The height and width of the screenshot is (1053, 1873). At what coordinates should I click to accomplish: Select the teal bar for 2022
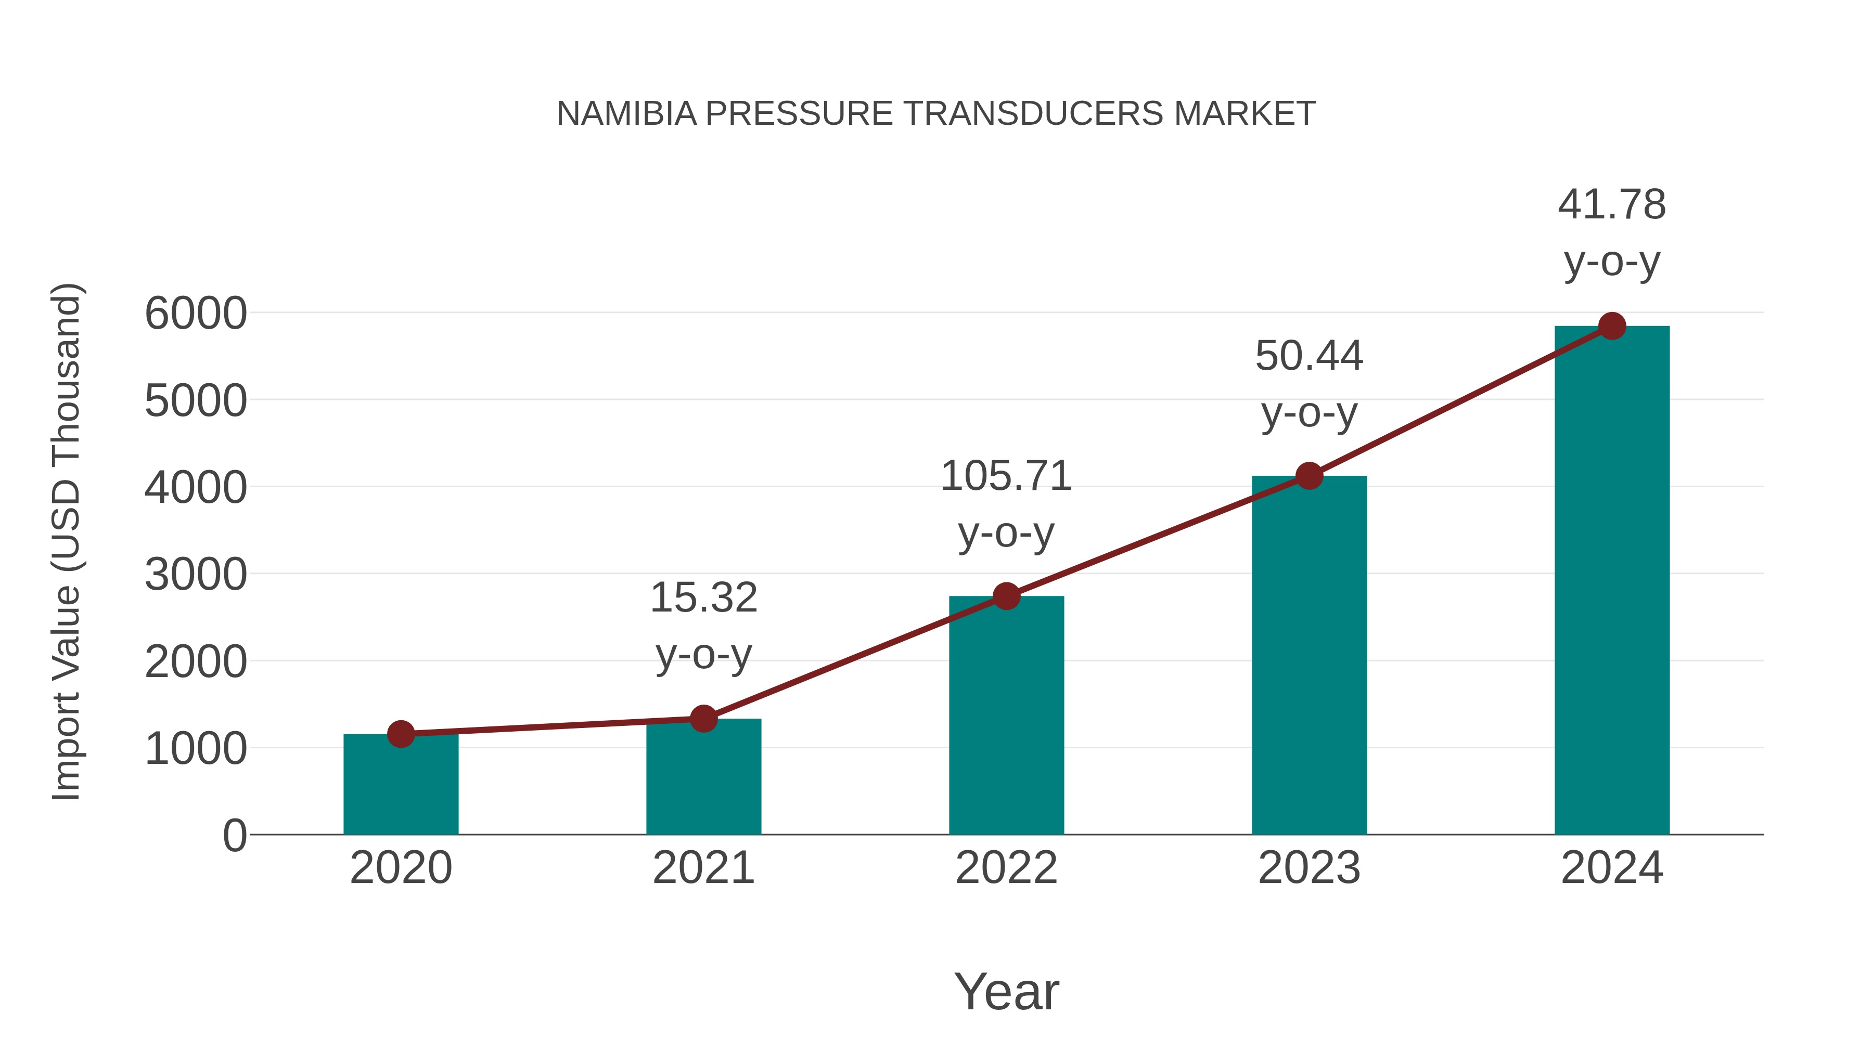pos(1006,720)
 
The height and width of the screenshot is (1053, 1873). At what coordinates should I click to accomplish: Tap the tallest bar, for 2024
pos(1612,581)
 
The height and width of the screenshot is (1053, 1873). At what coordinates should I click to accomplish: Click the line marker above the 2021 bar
pos(703,719)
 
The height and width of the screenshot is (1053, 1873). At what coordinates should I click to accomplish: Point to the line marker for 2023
pos(1309,476)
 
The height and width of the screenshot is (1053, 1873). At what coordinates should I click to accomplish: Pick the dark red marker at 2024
pos(1612,326)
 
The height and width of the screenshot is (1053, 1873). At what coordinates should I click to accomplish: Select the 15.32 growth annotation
pos(703,597)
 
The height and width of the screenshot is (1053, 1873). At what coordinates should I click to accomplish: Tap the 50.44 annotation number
pos(1309,356)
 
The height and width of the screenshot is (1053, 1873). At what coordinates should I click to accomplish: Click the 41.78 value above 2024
pos(1612,204)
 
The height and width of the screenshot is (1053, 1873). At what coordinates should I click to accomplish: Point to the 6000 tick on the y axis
pos(196,314)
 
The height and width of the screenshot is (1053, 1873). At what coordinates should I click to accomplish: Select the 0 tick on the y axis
pos(235,835)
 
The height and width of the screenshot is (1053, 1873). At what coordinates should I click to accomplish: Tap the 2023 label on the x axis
pos(1309,868)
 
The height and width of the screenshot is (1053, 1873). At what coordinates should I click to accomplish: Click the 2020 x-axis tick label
pos(401,868)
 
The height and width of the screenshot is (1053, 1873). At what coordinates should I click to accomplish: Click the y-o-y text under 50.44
pos(1309,414)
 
